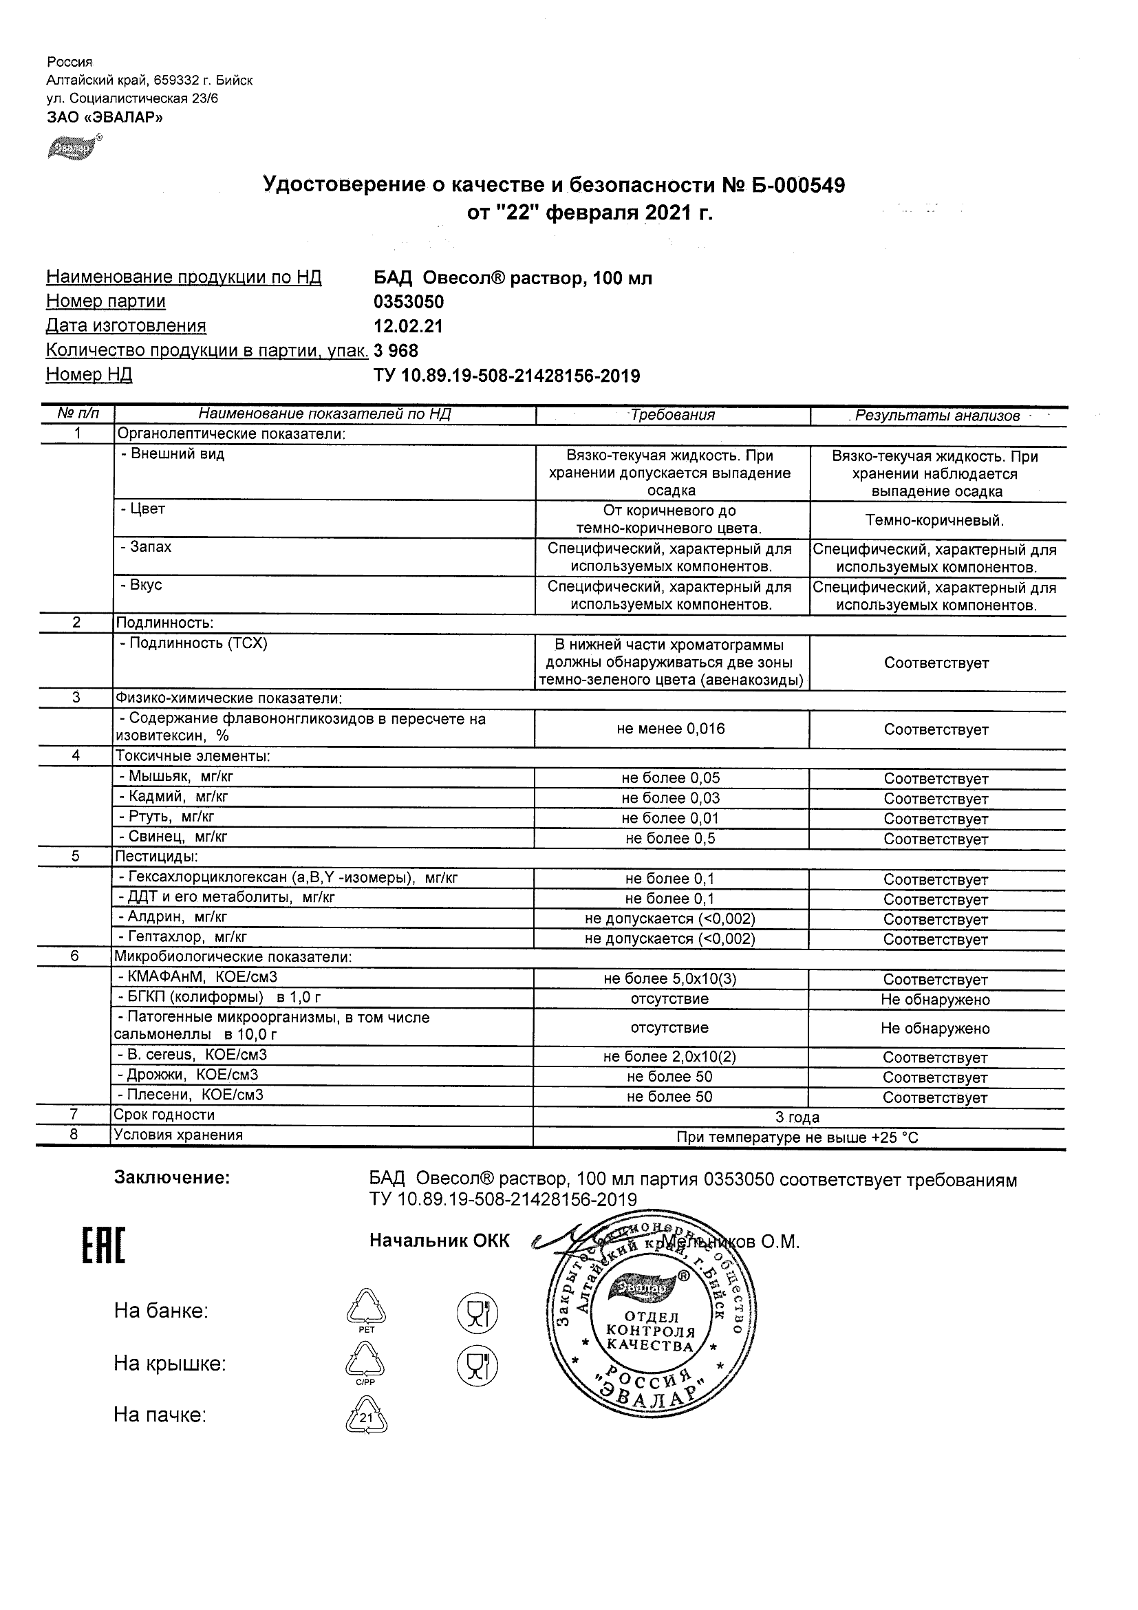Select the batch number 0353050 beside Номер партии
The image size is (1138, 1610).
pyautogui.click(x=408, y=302)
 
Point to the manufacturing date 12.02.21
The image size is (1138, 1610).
pyautogui.click(x=407, y=326)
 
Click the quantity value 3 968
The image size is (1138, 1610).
pyautogui.click(x=396, y=350)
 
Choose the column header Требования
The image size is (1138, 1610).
pyautogui.click(x=672, y=415)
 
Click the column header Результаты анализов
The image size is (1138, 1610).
pyautogui.click(x=937, y=416)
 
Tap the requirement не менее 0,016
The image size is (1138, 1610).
pyautogui.click(x=670, y=729)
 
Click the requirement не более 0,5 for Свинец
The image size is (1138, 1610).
pyautogui.click(x=670, y=839)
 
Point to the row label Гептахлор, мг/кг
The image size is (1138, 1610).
pyautogui.click(x=182, y=937)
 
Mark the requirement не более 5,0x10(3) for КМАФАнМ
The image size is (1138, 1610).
pyautogui.click(x=670, y=980)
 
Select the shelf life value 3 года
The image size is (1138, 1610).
pyautogui.click(x=797, y=1118)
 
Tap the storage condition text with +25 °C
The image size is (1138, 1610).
pyautogui.click(x=797, y=1138)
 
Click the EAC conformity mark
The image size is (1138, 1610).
pyautogui.click(x=104, y=1246)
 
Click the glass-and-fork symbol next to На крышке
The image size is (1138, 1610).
pyautogui.click(x=477, y=1364)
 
